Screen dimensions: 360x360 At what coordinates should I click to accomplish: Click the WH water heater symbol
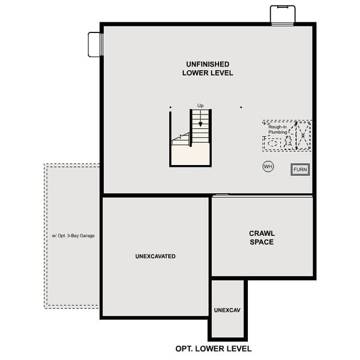click(268, 166)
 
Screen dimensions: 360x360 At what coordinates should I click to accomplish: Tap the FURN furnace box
click(300, 170)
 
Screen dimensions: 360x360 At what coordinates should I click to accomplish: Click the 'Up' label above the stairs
click(200, 106)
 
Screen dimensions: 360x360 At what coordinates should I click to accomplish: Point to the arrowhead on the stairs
click(200, 124)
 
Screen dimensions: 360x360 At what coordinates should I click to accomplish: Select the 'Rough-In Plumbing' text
click(278, 130)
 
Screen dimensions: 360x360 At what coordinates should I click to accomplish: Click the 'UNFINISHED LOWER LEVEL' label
click(208, 68)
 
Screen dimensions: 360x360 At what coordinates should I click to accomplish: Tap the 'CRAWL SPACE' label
click(262, 238)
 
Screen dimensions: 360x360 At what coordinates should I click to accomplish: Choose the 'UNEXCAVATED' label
click(155, 256)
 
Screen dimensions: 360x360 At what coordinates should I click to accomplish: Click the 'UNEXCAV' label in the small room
click(227, 311)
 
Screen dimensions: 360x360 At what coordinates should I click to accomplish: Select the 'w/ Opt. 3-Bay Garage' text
click(73, 236)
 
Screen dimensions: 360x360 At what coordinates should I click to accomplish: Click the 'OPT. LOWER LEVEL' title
click(213, 349)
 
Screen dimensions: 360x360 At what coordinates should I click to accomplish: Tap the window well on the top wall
click(281, 14)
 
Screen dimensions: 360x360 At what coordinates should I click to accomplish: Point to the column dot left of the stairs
click(170, 108)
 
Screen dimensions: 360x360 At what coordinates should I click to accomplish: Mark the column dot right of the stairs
click(241, 108)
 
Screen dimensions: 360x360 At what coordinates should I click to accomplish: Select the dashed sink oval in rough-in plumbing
click(273, 144)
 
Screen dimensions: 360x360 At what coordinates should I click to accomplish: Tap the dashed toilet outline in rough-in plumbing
click(288, 142)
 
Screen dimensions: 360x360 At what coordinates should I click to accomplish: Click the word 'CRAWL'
click(262, 233)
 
